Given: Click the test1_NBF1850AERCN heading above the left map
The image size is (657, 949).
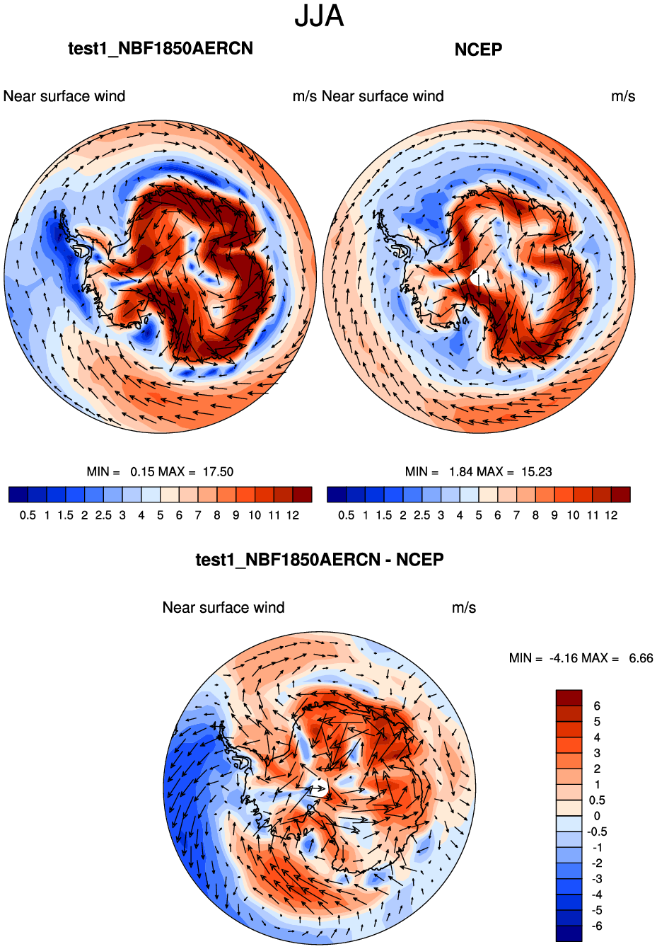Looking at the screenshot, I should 161,48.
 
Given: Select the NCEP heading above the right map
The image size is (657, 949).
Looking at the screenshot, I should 478,50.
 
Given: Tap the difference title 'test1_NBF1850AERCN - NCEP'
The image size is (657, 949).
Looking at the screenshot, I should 320,560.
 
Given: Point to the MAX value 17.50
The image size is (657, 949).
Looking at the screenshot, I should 218,472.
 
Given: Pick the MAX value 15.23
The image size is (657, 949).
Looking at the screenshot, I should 536,472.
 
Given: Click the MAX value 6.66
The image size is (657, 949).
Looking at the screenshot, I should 641,658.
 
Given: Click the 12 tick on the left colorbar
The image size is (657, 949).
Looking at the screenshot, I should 293,515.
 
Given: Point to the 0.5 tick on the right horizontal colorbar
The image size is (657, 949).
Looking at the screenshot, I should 347,515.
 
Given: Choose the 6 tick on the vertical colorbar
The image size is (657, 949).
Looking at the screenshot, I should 597,706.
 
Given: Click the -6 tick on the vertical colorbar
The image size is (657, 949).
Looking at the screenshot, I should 597,926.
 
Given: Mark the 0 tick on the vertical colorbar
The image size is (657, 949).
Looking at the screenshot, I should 597,816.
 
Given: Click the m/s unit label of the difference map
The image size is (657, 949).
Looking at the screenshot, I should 464,608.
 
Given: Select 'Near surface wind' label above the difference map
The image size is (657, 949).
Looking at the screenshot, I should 223,608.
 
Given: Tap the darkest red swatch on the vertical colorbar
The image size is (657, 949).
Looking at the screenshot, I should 569,698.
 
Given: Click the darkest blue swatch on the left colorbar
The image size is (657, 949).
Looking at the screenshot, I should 18,495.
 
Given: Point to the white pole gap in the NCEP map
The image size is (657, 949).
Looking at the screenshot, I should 479,277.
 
